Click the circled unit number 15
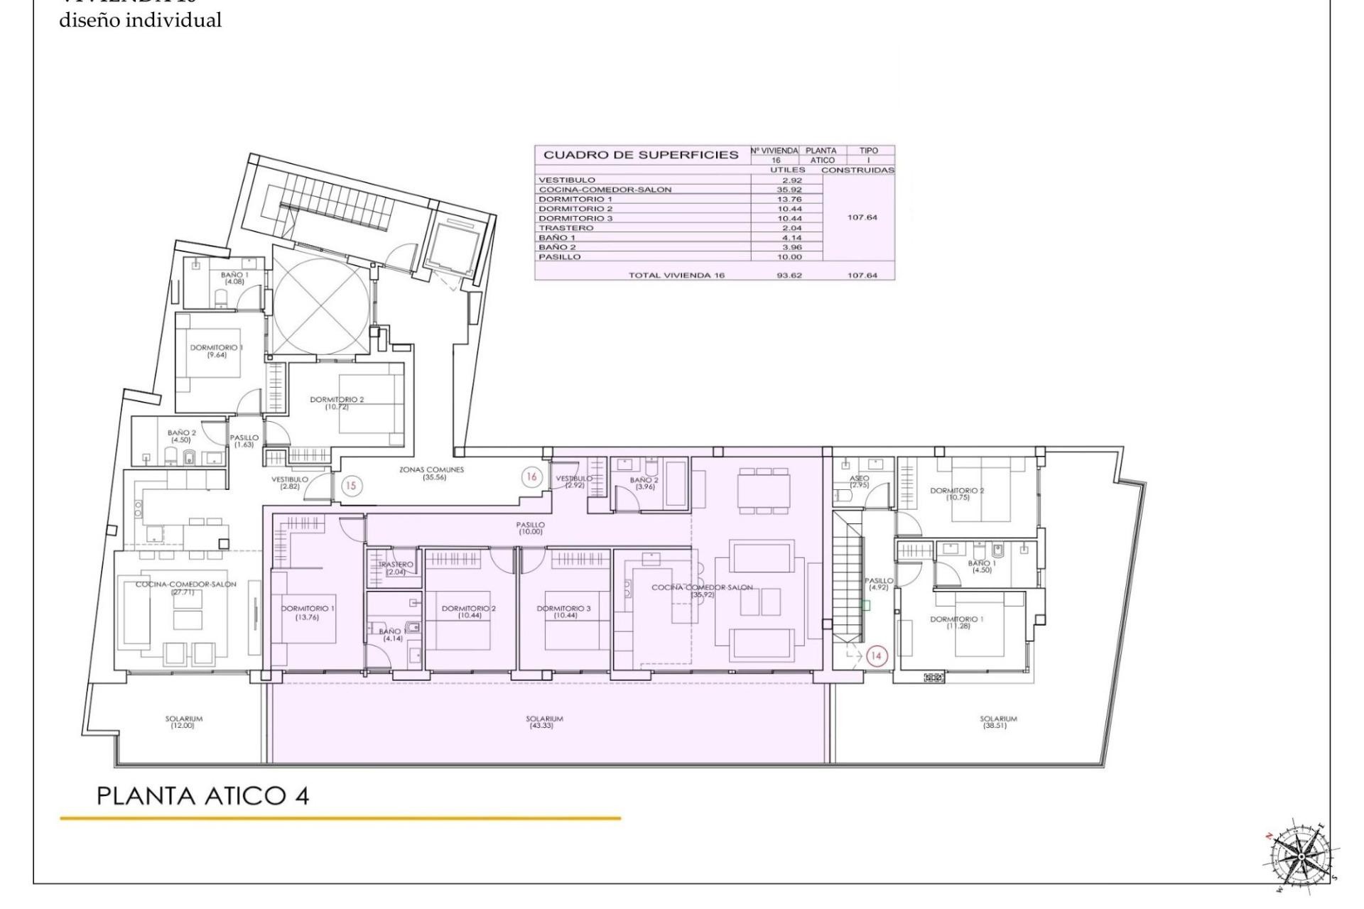tap(351, 486)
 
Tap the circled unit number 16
tap(531, 477)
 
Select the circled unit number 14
tap(875, 655)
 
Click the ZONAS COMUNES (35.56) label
tap(431, 473)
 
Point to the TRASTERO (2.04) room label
tap(396, 568)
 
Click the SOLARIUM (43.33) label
tap(544, 722)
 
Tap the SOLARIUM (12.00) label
tap(184, 722)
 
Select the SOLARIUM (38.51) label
tap(998, 722)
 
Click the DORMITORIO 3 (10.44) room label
tap(563, 611)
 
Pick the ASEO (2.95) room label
tap(859, 481)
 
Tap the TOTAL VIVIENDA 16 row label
tap(676, 275)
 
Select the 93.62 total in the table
tap(790, 275)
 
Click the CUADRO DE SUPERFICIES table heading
tap(641, 155)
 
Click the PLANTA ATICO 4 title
tap(202, 795)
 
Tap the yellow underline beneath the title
tap(340, 818)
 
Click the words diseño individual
tap(140, 21)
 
